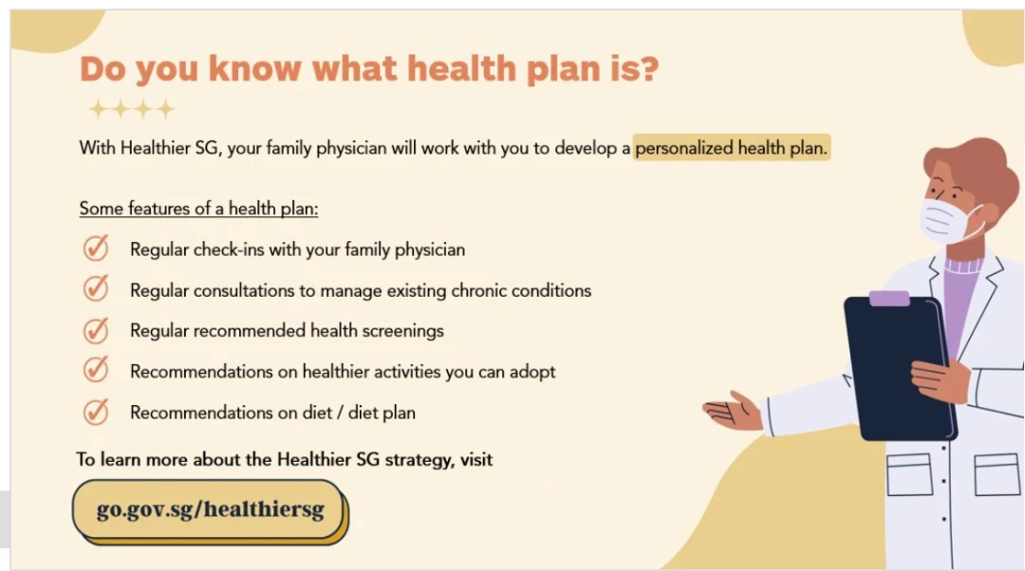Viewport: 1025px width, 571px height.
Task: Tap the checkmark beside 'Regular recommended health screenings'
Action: (96, 330)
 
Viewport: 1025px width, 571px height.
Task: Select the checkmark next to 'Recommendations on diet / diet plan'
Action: (96, 412)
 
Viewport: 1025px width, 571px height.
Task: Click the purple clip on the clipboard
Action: (889, 299)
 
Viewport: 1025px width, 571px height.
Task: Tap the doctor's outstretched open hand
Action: (732, 412)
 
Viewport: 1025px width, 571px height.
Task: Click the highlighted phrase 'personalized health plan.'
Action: (732, 148)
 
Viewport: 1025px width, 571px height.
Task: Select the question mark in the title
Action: (648, 68)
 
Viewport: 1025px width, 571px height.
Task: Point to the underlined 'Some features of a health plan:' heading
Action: (198, 209)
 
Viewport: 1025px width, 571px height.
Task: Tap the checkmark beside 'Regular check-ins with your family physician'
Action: (96, 249)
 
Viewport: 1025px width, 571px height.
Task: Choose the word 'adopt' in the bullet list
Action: (532, 372)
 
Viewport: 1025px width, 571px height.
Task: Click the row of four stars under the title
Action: (131, 108)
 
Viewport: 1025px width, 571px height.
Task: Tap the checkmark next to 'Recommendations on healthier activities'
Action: (96, 371)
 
